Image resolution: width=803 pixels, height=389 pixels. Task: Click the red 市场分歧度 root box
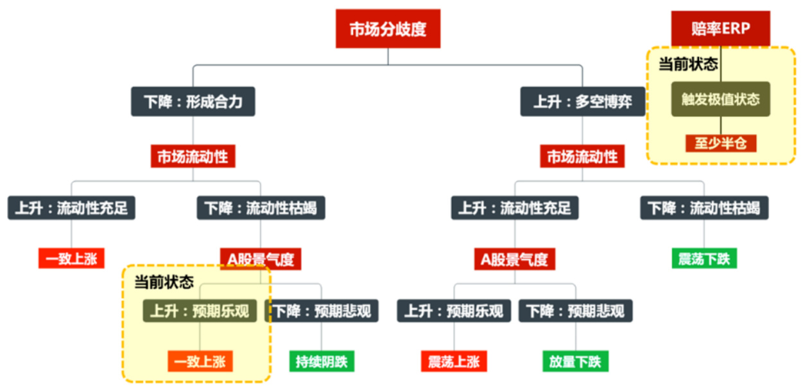coord(388,29)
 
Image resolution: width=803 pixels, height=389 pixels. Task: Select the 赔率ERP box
coord(720,29)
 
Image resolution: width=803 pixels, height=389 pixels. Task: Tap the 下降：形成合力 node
coord(193,101)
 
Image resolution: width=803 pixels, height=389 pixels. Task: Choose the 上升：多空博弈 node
coord(582,101)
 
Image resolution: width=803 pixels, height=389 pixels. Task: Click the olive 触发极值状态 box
coord(720,99)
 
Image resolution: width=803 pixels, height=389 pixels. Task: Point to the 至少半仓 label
coord(720,143)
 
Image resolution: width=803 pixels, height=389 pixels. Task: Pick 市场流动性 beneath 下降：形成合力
coord(193,157)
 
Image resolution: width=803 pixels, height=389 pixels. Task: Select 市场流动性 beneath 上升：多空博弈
coord(582,157)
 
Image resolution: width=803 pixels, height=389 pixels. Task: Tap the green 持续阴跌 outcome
coord(321,361)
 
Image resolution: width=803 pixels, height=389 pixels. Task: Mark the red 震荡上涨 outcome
coord(454,361)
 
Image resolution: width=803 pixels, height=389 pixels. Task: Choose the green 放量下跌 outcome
coord(574,361)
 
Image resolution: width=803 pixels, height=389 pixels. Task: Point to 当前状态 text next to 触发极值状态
coord(688,65)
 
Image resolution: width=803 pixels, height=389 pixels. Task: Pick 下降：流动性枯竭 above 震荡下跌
coord(704,208)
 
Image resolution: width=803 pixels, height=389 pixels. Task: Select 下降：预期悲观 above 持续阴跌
coord(322,311)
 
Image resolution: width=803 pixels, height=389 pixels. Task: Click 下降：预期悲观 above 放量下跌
coord(575,311)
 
